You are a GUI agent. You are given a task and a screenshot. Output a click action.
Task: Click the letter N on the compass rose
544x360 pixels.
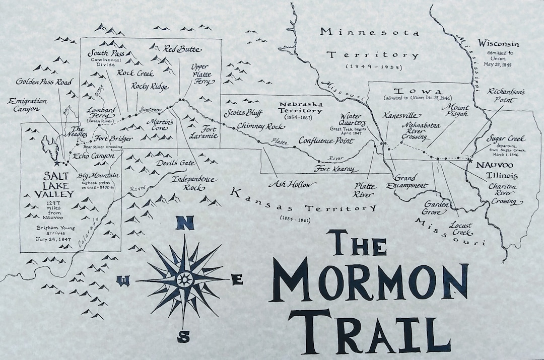point(184,223)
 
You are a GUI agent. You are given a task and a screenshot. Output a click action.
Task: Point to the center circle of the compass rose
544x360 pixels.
point(184,278)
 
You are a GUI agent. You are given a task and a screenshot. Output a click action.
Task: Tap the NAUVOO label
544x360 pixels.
point(491,166)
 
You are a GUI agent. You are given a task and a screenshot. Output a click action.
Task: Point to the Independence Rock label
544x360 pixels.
point(193,183)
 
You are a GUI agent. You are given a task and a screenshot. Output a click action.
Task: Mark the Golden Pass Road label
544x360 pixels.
point(44,82)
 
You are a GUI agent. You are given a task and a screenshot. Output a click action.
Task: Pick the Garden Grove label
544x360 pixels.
point(434,208)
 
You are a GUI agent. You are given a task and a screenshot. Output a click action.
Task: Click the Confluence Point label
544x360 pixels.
point(326,140)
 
